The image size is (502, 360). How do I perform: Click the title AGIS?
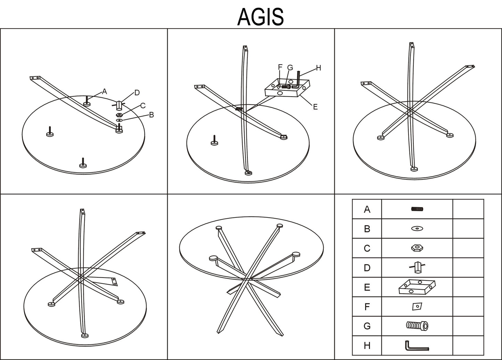[261, 17]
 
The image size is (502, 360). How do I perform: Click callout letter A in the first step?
[105, 91]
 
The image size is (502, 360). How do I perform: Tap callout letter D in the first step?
[137, 92]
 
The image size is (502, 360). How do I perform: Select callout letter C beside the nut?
[143, 106]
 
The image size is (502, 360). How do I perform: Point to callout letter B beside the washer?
[151, 115]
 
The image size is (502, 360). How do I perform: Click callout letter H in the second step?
[319, 68]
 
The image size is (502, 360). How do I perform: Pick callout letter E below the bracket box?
[315, 107]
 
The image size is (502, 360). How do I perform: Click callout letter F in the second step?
[280, 67]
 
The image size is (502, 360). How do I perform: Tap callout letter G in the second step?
[290, 67]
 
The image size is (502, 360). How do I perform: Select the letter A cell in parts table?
[367, 209]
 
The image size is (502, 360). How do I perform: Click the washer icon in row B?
[417, 229]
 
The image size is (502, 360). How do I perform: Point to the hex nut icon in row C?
[417, 248]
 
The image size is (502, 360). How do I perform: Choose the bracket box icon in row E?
[417, 287]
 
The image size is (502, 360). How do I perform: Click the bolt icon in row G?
[417, 326]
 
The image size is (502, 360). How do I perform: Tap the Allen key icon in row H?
[417, 346]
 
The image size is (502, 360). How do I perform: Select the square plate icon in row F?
[417, 306]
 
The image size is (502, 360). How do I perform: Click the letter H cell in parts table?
[367, 345]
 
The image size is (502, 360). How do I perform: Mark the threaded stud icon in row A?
[417, 209]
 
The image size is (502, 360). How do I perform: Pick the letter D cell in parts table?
[367, 268]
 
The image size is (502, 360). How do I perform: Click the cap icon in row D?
[417, 267]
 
